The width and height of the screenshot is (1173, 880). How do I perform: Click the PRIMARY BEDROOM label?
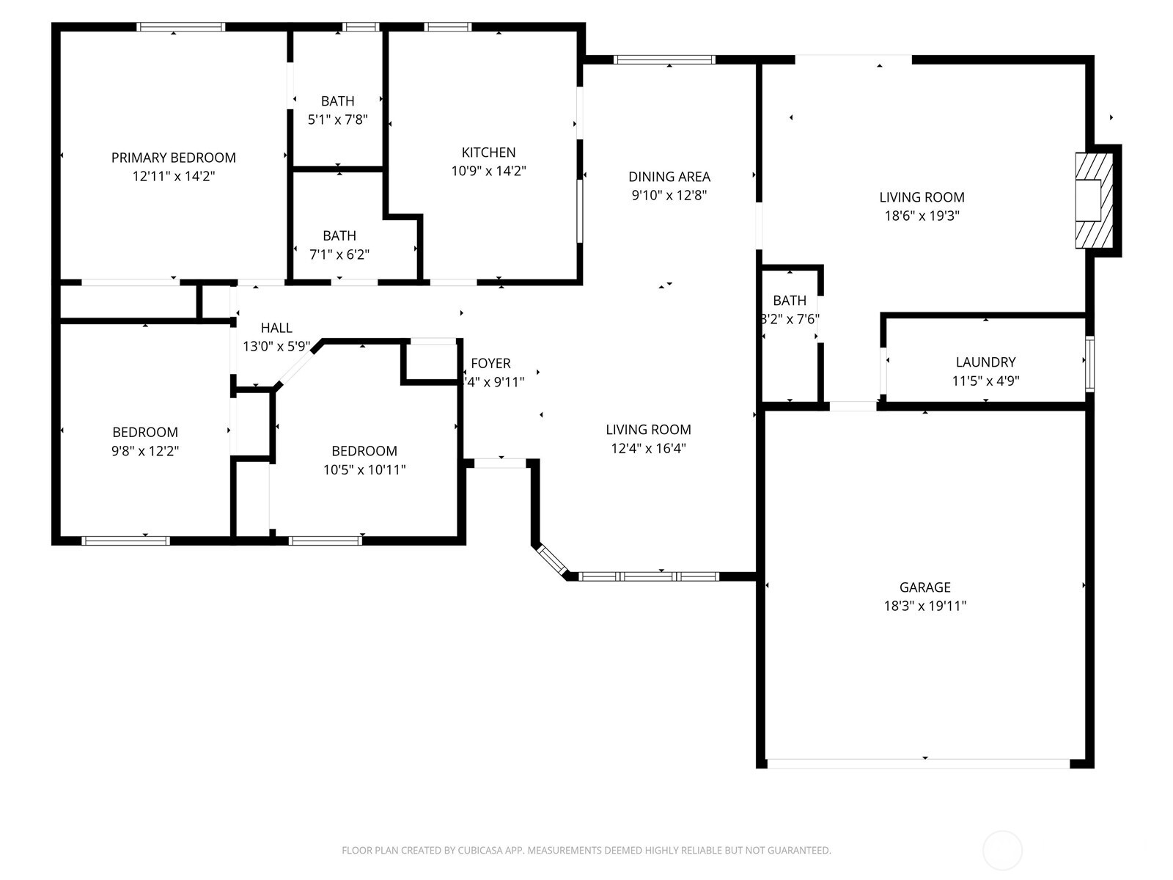pos(173,158)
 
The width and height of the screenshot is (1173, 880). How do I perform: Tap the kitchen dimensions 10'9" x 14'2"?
pos(488,172)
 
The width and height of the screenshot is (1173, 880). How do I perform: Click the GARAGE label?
pos(924,587)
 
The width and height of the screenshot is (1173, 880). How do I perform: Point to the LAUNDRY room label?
pos(985,362)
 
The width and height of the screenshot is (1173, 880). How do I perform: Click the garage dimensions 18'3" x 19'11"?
pos(924,606)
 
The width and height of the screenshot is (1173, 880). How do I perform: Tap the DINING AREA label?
pos(669,177)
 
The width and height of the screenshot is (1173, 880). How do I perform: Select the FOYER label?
pos(490,364)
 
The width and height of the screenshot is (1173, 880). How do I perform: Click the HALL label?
pos(276,328)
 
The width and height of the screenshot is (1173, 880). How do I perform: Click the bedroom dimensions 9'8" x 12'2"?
pos(145,451)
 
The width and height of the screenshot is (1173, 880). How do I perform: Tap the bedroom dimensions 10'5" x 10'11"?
pos(364,470)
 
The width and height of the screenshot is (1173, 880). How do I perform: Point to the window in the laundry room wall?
pos(1089,364)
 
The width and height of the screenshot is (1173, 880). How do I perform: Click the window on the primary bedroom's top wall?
pos(180,27)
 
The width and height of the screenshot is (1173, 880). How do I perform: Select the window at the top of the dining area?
pos(663,60)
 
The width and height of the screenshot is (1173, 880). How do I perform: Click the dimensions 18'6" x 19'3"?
pos(922,216)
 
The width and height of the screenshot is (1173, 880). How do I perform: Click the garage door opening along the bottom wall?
pos(918,763)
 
